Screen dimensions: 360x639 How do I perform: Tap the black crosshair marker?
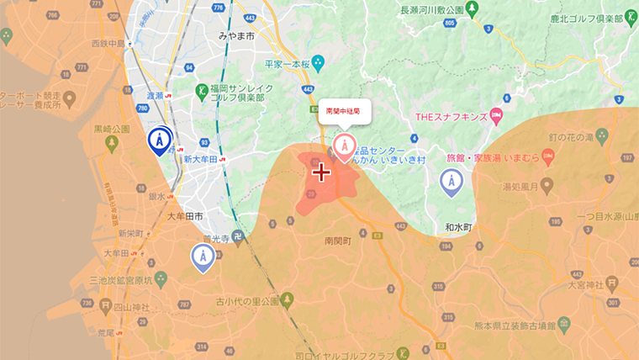[320, 172]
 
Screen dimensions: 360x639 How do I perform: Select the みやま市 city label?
[236, 35]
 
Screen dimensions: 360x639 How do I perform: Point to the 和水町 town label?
[459, 227]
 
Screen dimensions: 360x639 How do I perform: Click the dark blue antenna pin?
[159, 140]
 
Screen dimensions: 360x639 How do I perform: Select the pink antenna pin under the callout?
[344, 146]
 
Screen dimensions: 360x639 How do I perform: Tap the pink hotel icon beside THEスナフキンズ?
[496, 114]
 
